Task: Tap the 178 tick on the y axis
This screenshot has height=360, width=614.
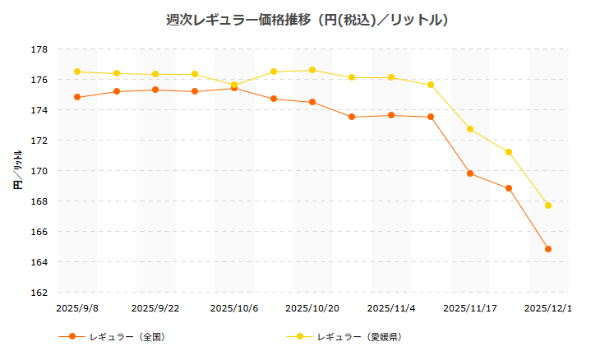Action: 40,49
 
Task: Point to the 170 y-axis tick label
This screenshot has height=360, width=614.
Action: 40,171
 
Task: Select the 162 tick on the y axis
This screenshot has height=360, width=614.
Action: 40,293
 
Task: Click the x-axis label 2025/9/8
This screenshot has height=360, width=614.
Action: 77,308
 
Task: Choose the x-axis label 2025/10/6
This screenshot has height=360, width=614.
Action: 234,308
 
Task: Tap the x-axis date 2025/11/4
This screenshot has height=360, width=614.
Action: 391,308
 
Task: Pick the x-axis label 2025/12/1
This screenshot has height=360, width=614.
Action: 548,308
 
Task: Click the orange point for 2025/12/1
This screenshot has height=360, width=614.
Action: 548,249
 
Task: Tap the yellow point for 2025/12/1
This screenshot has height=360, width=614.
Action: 548,205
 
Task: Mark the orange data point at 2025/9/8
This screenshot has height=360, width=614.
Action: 77,97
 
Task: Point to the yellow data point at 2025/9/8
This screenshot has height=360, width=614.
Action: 77,72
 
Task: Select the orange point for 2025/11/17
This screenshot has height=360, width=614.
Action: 470,173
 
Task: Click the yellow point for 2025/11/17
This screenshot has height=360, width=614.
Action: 470,129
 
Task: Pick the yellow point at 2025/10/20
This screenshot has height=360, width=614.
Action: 312,70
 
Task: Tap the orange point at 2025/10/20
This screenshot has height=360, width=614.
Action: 312,102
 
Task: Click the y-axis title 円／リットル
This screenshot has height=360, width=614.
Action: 17,171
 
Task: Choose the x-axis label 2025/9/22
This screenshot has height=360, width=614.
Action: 155,308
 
